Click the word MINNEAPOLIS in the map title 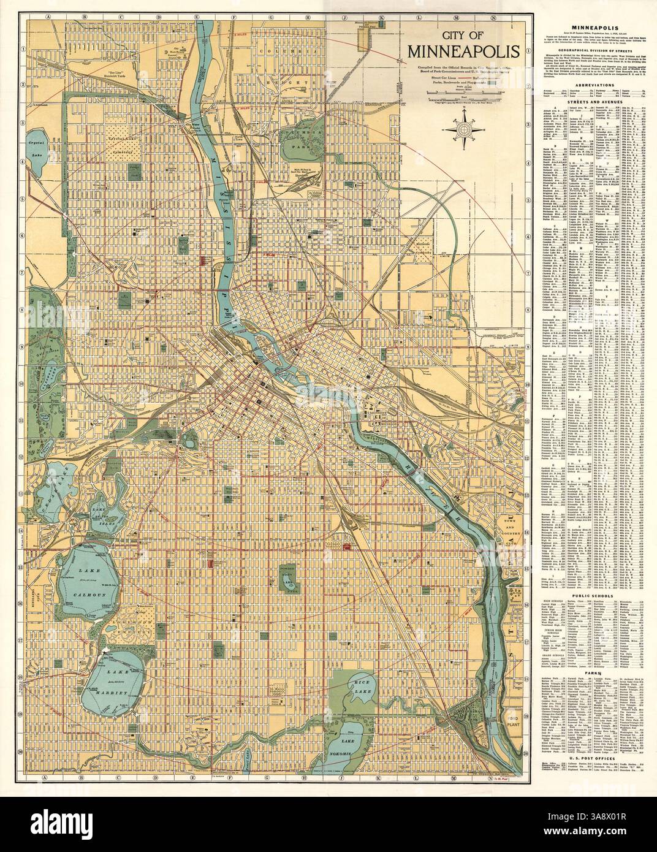[463, 52]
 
